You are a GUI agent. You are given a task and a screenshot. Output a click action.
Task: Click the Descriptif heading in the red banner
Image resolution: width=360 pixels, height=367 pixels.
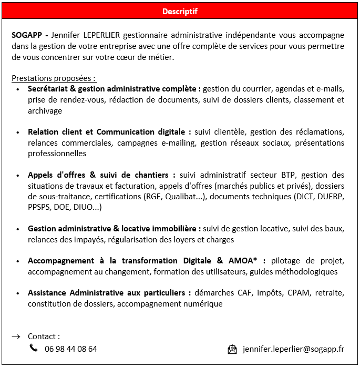click(x=180, y=11)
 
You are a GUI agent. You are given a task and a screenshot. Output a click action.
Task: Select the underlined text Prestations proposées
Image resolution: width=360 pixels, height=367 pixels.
click(x=54, y=78)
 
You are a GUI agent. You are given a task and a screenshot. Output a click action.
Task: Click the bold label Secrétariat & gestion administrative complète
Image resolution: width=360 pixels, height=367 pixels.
click(x=115, y=89)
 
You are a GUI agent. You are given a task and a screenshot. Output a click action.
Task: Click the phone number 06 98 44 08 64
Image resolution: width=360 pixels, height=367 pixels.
click(x=71, y=349)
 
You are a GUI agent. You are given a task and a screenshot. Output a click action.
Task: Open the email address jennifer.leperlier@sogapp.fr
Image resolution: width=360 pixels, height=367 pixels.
click(x=293, y=349)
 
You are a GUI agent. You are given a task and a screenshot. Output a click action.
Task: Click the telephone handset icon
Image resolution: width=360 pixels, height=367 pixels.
click(x=34, y=348)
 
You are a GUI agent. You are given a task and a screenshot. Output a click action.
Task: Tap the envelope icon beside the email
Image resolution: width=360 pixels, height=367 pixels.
click(x=232, y=349)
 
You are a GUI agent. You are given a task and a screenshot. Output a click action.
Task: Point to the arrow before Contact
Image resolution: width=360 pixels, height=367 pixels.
click(x=16, y=337)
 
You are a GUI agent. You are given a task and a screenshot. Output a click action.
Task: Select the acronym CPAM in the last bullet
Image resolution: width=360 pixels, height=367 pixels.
click(x=297, y=293)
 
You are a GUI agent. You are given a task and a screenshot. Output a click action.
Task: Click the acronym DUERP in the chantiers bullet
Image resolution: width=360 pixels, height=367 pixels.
click(x=331, y=197)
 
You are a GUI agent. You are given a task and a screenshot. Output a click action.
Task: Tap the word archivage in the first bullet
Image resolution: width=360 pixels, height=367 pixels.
click(x=45, y=111)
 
